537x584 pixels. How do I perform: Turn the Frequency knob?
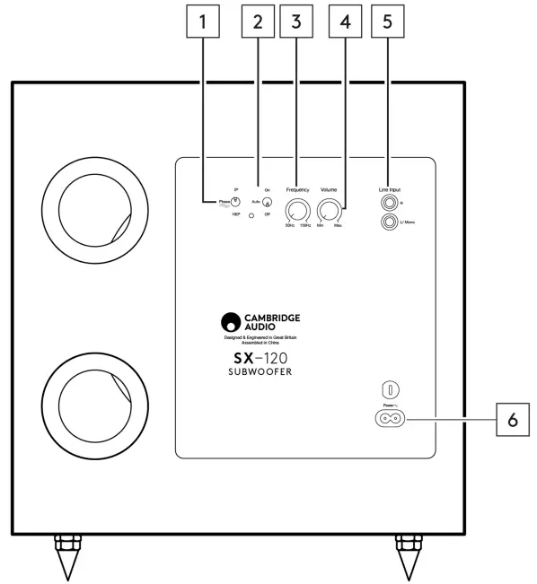[295, 212]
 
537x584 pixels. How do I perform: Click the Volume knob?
[330, 212]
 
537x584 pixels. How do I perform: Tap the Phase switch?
[235, 202]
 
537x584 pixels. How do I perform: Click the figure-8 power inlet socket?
[387, 418]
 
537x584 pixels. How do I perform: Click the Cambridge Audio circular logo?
[231, 322]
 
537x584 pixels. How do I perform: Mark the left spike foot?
[68, 557]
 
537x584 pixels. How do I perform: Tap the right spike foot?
[409, 557]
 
